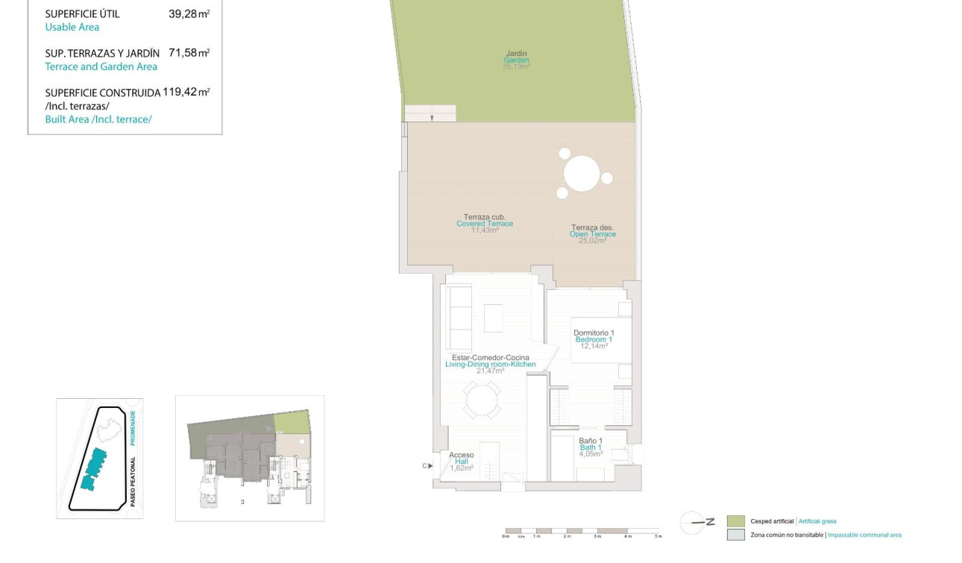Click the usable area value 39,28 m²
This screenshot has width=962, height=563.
point(189,13)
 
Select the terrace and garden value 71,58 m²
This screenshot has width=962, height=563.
point(189,53)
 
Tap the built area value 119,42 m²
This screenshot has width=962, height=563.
point(186,92)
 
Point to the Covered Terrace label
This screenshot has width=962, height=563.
point(485,224)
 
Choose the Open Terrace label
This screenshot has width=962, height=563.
point(593,234)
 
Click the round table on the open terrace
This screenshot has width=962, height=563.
point(582,173)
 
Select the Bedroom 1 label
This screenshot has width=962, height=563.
point(594,339)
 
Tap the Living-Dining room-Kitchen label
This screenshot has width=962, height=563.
point(490,364)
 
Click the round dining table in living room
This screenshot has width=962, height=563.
point(482,401)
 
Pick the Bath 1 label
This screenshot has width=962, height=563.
point(591,447)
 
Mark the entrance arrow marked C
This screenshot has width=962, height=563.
point(426,466)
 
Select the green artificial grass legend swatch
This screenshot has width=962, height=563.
point(735,521)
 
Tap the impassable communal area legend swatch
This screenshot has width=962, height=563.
point(735,535)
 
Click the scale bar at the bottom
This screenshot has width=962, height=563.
point(582,532)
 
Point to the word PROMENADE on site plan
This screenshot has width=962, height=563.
point(133,428)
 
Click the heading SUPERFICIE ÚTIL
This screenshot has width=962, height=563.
point(82,13)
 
